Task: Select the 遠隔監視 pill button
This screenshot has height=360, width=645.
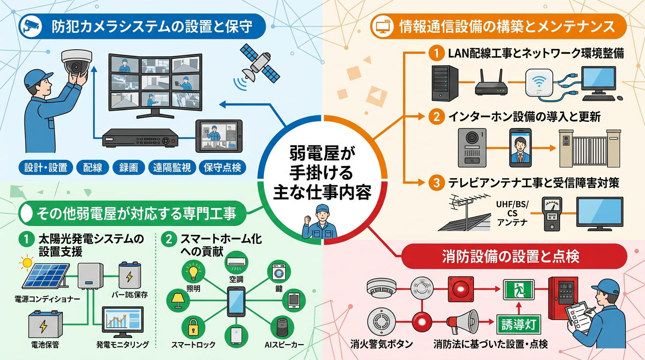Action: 172,167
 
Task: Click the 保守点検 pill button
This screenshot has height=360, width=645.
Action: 223,167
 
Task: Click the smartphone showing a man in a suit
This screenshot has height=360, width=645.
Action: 521,147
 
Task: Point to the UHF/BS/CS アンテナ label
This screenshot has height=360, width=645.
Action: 512,213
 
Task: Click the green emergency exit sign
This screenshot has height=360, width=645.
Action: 518,290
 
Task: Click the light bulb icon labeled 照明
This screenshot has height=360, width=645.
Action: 193,271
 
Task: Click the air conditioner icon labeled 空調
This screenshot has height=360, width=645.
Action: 236,264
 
